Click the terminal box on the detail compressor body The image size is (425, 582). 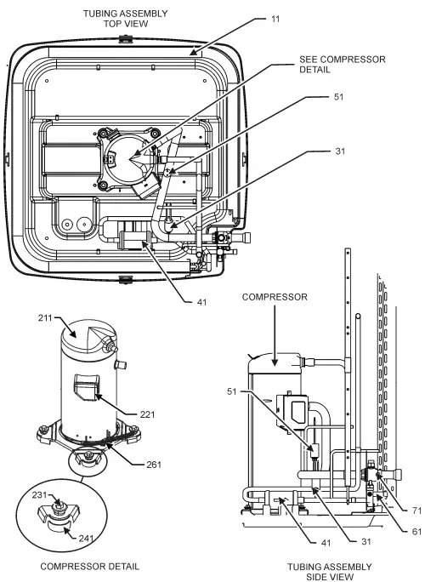point(85,388)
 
